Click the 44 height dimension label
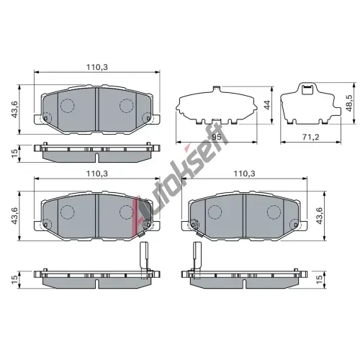267,105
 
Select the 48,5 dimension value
349,102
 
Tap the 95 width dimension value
216,137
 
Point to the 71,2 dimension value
310,137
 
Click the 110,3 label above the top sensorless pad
97,67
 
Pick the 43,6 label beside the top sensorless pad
15,109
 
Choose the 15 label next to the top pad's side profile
15,153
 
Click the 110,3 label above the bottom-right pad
245,174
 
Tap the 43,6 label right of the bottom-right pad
319,215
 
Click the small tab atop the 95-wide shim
216,88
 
